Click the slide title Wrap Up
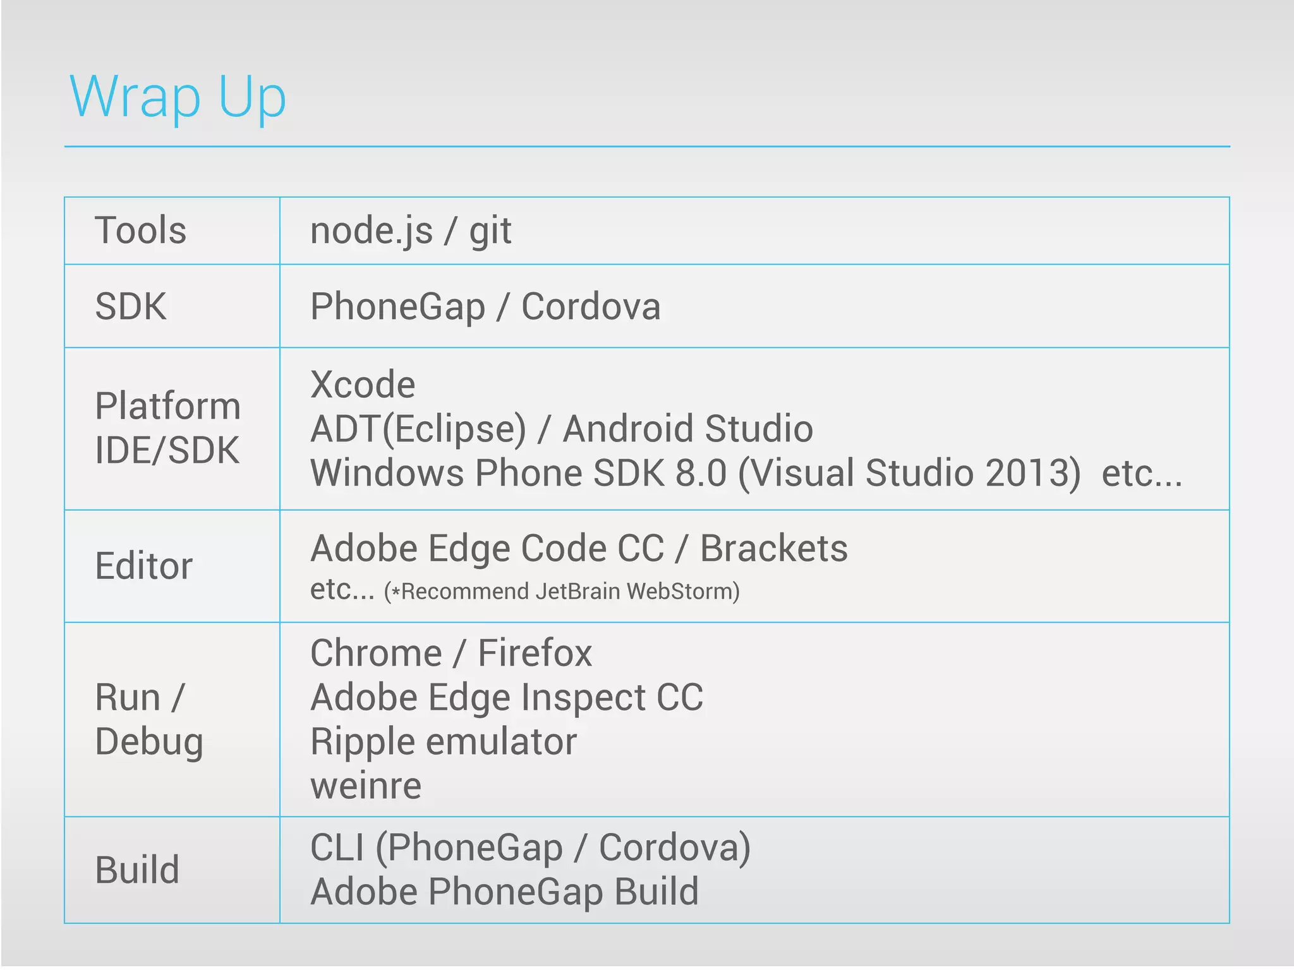(178, 97)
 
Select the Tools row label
(140, 230)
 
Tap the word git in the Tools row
(490, 231)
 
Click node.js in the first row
(372, 231)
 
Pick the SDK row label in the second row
(131, 306)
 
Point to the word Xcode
(363, 384)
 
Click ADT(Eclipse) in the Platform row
(418, 429)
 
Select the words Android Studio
(687, 429)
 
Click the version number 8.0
(701, 473)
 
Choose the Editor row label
(143, 566)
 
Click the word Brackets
(774, 548)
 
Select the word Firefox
(535, 653)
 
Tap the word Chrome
(376, 653)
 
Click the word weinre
(366, 786)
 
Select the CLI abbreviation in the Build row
(337, 847)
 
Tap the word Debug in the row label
(149, 742)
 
